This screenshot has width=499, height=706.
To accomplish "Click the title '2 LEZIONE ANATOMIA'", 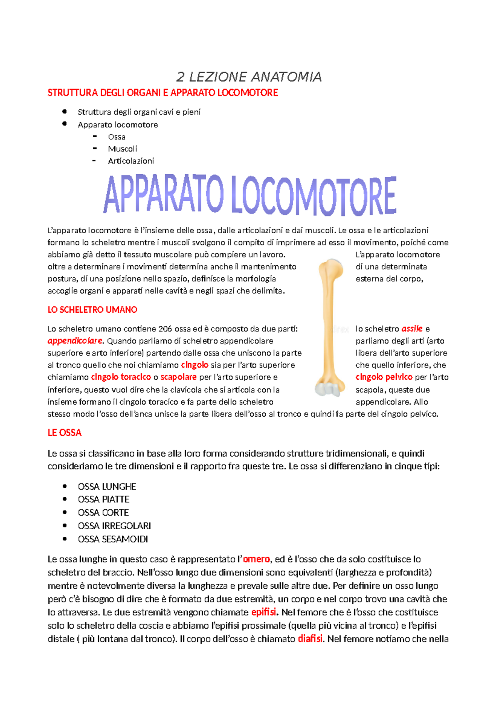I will click(x=249, y=77).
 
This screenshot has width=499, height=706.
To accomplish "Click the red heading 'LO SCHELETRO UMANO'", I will click(x=92, y=310).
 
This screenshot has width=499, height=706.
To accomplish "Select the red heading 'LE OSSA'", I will click(x=64, y=433).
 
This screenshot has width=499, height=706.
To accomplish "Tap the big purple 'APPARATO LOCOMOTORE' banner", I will click(x=249, y=195).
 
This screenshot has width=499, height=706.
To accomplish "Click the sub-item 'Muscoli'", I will click(x=122, y=149).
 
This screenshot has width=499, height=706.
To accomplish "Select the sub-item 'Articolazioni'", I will click(x=131, y=161).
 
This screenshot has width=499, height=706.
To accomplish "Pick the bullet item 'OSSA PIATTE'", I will click(x=104, y=499).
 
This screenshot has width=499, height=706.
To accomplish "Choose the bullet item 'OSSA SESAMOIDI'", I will click(x=113, y=539).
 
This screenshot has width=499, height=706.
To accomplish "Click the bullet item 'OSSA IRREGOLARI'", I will click(x=114, y=526).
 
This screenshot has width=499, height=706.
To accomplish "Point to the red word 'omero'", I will click(x=256, y=559).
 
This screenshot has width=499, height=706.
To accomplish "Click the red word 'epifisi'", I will click(x=264, y=612).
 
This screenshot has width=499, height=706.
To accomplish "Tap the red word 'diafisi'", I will click(x=310, y=639).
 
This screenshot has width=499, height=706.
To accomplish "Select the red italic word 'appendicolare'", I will click(x=75, y=341).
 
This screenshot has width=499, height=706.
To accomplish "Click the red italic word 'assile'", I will click(x=412, y=329).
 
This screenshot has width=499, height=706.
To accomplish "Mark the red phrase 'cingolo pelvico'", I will click(x=384, y=377).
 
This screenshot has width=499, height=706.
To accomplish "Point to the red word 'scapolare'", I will click(x=178, y=377).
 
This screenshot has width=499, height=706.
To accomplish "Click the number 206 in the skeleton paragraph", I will click(x=165, y=329).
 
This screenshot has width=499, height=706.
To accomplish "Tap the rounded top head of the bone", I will click(x=332, y=266).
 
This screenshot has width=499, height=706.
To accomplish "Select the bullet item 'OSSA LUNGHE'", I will click(x=107, y=486).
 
